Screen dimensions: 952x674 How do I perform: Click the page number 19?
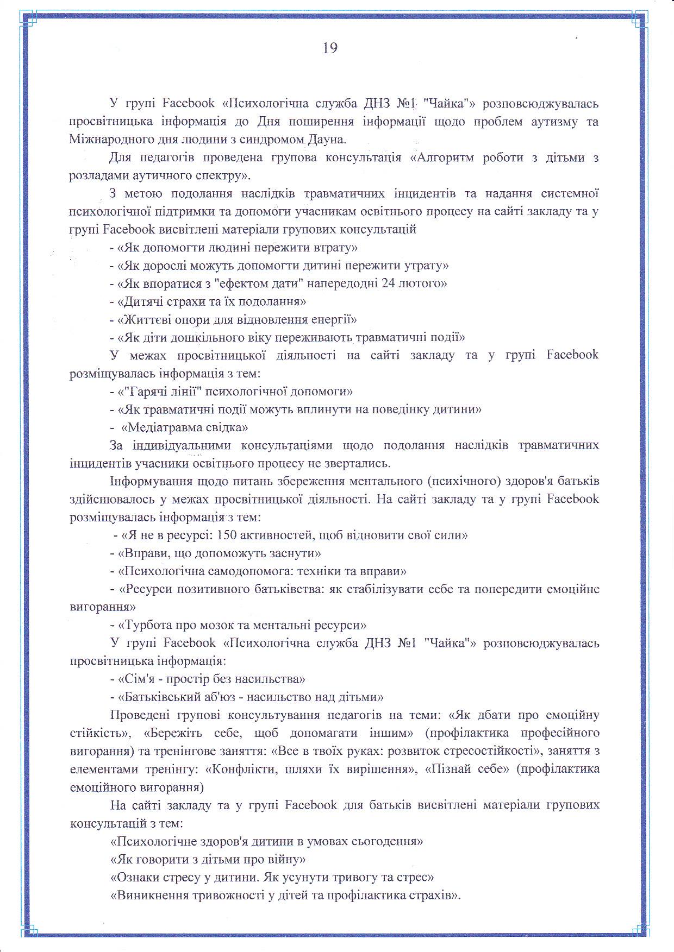tap(330, 48)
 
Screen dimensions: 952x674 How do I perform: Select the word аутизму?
tap(554, 121)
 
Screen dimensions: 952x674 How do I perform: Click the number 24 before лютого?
tap(388, 283)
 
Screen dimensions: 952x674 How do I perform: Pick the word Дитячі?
tap(142, 301)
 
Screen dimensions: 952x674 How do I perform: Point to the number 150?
tap(226, 535)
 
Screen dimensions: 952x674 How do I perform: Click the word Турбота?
tap(147, 625)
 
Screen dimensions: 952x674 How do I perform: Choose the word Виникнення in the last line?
tap(151, 895)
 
